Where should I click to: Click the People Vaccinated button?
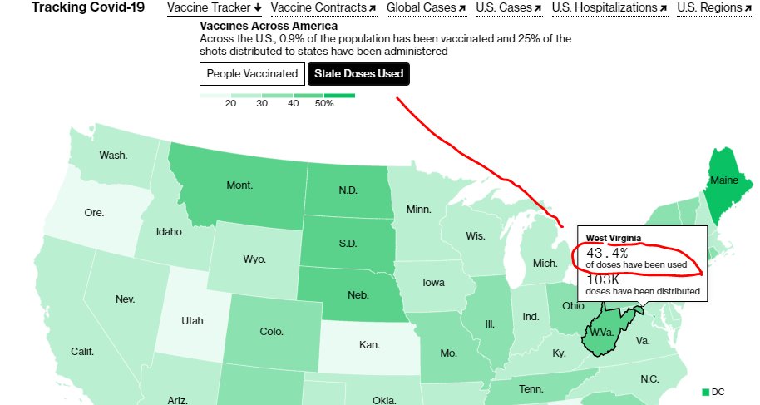click(252, 74)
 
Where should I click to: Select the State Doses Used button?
click(359, 74)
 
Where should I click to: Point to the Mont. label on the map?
click(240, 185)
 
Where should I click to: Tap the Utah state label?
click(192, 319)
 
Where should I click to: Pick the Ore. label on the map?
click(95, 213)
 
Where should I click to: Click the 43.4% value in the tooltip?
click(607, 252)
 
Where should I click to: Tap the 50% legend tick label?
click(323, 104)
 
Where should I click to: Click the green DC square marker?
click(707, 392)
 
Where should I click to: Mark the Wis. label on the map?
click(475, 236)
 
